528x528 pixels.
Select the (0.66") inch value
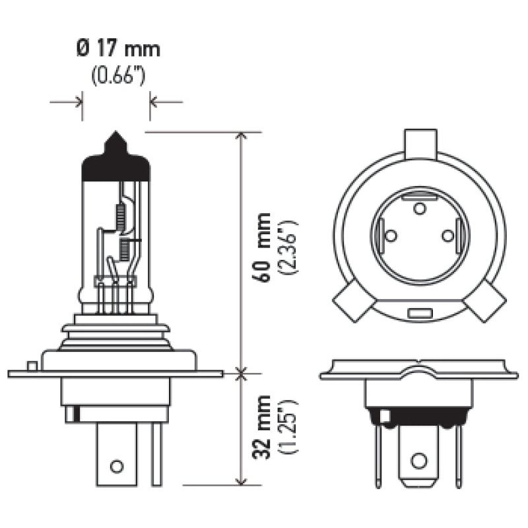[x=117, y=75]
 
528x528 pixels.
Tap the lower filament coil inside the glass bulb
[x=123, y=250]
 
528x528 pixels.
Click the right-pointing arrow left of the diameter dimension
[x=77, y=102]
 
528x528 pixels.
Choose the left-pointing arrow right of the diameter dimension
[x=156, y=102]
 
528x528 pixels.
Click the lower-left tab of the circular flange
[x=350, y=300]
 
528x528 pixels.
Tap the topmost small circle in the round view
[x=419, y=209]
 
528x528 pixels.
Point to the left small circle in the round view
[x=390, y=235]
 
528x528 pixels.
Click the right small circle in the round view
[x=447, y=235]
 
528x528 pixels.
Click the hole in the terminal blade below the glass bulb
[x=117, y=466]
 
